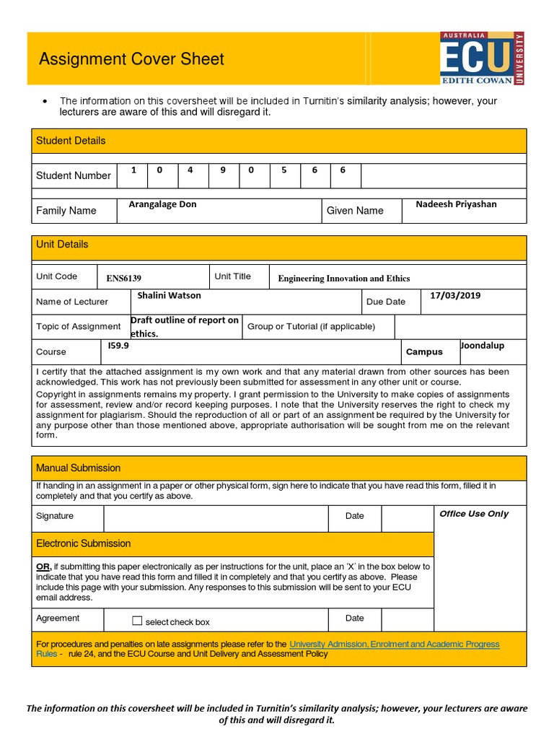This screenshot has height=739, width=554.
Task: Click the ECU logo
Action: click(x=482, y=58)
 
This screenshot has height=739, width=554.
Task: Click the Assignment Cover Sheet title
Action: click(x=131, y=59)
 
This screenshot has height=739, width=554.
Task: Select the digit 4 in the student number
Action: click(x=190, y=170)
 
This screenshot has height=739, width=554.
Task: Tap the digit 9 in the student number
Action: click(x=223, y=170)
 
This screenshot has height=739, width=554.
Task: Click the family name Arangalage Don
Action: click(x=162, y=204)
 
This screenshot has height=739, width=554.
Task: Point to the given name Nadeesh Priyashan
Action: click(x=456, y=204)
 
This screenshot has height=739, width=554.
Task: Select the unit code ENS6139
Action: click(x=124, y=279)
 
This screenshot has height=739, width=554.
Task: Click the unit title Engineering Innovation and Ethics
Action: click(x=343, y=279)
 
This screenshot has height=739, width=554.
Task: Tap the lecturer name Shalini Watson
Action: click(x=170, y=295)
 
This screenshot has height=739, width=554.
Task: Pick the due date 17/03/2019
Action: click(x=455, y=295)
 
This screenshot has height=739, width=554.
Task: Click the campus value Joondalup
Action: click(x=483, y=346)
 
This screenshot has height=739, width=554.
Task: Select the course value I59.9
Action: click(x=118, y=346)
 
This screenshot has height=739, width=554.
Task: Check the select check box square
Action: click(x=138, y=621)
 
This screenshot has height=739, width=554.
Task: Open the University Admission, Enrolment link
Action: click(x=394, y=644)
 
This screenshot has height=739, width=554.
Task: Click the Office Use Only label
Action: click(x=474, y=514)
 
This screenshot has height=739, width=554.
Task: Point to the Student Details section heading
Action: click(x=71, y=141)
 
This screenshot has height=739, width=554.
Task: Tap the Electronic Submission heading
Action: click(x=84, y=543)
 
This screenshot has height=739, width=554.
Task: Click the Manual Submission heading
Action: click(x=79, y=468)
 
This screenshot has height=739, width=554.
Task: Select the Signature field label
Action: click(x=55, y=516)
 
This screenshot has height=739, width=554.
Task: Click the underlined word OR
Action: click(x=43, y=567)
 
